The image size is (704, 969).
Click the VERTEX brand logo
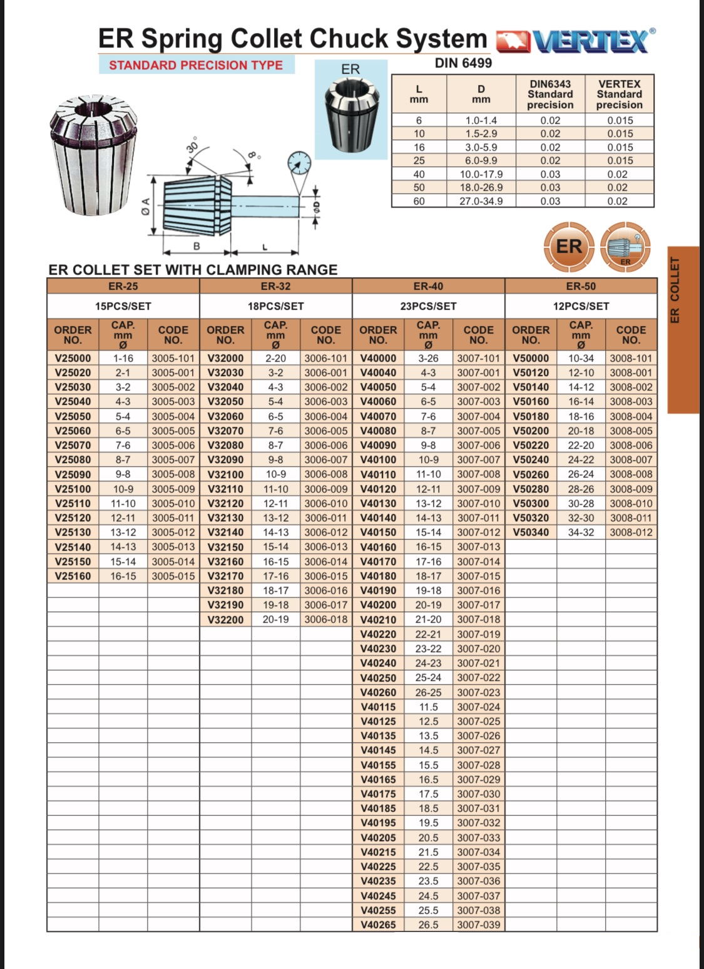click(576, 41)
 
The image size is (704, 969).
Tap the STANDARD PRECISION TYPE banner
click(196, 65)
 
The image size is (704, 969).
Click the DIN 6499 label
click(463, 63)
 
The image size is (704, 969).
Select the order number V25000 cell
click(73, 359)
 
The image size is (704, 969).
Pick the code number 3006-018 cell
click(325, 620)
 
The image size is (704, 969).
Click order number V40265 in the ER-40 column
click(378, 925)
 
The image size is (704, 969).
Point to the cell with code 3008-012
click(631, 533)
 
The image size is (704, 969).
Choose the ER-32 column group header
click(275, 287)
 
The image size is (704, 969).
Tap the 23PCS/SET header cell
click(428, 306)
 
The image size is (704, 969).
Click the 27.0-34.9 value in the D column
click(481, 202)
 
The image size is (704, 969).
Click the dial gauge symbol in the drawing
click(299, 164)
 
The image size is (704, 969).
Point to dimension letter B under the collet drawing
click(196, 246)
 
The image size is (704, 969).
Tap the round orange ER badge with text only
click(569, 247)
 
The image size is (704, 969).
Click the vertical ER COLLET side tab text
click(675, 290)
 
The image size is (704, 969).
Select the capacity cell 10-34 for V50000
click(581, 359)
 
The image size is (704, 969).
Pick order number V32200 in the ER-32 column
click(225, 620)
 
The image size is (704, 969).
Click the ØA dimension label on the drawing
click(145, 206)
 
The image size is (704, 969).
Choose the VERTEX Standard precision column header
click(619, 95)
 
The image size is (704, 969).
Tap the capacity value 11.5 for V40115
click(428, 707)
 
